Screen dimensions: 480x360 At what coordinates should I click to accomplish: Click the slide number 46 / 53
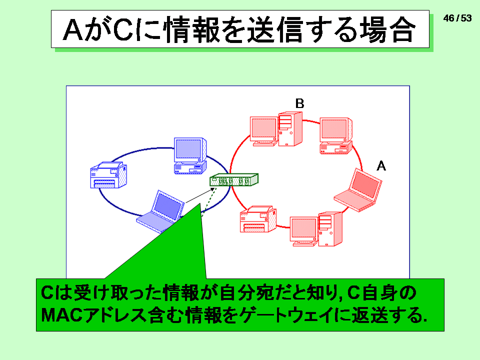pos(457,18)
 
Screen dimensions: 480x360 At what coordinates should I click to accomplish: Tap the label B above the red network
pos(299,103)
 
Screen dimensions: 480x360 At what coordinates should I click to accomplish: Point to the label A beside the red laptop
pos(381,166)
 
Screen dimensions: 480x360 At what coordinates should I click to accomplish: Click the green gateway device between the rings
pos(234,179)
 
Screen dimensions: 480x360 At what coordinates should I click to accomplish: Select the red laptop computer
pos(358,190)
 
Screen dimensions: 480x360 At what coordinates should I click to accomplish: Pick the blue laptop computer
pos(160,211)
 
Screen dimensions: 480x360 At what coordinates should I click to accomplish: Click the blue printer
pos(108,175)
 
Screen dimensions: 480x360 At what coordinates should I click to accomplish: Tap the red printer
pos(258,219)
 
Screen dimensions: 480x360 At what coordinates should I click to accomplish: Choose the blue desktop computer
pos(190,156)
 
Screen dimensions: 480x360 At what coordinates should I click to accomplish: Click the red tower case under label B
pos(290,129)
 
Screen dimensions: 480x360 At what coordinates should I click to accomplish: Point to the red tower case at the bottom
pos(330,229)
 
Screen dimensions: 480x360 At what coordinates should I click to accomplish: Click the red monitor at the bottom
pos(304,231)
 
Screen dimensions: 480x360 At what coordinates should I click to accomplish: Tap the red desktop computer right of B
pos(336,135)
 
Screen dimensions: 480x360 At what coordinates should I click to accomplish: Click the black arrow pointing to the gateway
pos(200,195)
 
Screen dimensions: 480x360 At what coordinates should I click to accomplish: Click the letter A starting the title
pos(73,30)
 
